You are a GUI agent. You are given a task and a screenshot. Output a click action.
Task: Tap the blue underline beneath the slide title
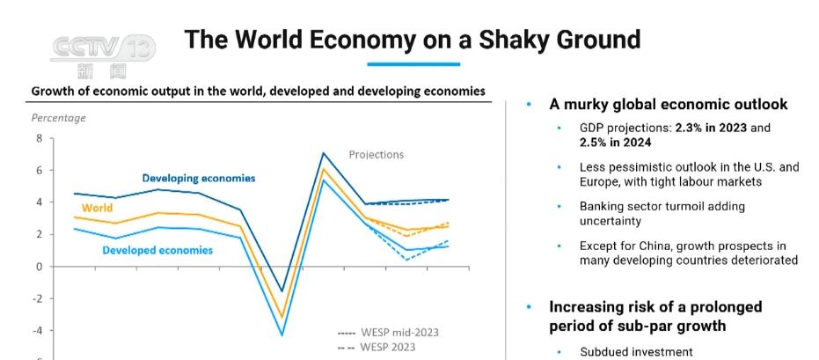[413, 63]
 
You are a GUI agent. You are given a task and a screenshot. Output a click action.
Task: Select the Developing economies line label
[199, 178]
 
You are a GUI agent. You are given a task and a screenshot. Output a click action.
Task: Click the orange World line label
[97, 209]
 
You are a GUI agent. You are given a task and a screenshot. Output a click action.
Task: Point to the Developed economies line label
[157, 250]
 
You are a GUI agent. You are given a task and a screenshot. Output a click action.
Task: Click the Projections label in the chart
[376, 155]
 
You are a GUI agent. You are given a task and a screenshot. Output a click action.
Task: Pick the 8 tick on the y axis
[39, 138]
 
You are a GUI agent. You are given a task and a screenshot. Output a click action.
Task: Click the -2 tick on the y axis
[37, 298]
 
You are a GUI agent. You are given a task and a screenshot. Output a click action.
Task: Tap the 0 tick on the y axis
[39, 266]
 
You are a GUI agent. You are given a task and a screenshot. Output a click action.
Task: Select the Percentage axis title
[59, 118]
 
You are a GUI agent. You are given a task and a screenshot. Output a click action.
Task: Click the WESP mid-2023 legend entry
[388, 332]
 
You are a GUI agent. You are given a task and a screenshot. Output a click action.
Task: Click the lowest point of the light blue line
[282, 334]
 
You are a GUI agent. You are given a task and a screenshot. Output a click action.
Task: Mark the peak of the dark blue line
[324, 153]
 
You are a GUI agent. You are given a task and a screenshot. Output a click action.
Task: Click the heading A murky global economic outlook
[668, 105]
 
